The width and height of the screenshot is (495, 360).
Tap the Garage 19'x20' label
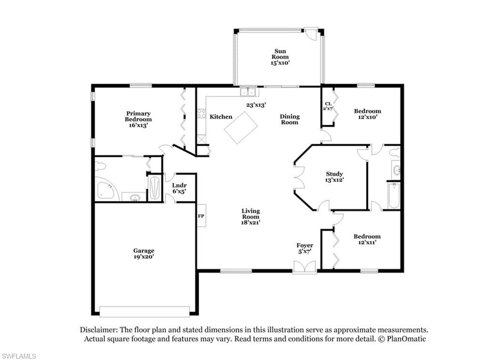(144, 254)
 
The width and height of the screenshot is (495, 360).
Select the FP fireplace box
(202, 216)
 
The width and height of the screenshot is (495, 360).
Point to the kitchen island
(241, 127)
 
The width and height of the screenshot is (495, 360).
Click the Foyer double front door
(305, 267)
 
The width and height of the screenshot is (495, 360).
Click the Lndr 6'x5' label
(179, 188)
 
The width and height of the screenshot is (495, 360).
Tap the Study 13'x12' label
(335, 177)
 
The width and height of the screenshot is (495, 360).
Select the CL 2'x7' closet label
(328, 106)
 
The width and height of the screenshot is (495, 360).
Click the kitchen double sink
(248, 91)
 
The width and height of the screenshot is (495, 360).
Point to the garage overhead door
(145, 311)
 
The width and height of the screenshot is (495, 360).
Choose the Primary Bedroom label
(138, 119)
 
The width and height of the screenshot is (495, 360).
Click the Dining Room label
(290, 120)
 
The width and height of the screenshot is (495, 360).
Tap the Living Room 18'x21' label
(251, 216)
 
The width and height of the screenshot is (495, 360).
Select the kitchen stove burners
(202, 114)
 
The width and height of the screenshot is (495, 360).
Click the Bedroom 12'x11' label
(367, 239)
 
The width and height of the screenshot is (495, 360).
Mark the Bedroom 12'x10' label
(367, 114)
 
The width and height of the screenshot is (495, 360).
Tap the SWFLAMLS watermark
(18, 356)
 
